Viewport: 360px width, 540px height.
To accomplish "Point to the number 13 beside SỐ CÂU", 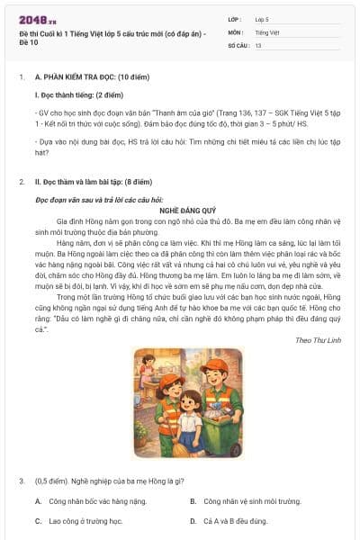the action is click(x=258, y=44).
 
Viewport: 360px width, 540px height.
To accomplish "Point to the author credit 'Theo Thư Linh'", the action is click(x=316, y=339).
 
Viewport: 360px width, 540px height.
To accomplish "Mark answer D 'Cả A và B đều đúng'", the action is click(x=235, y=520).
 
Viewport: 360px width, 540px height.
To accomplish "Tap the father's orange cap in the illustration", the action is click(x=214, y=365).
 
